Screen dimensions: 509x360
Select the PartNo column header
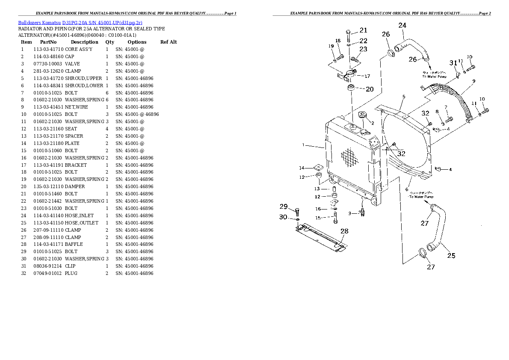[x=48, y=42]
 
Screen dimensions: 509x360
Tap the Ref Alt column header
[x=169, y=42]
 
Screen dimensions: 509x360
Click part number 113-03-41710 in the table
[x=48, y=49]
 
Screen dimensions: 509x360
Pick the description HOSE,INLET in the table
[x=79, y=215]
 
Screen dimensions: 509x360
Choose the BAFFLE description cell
[x=74, y=244]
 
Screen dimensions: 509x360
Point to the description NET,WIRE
[x=76, y=107]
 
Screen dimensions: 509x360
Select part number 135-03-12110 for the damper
[x=48, y=186]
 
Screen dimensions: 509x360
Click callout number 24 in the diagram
[x=402, y=26]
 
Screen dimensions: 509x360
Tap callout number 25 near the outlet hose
[x=451, y=256]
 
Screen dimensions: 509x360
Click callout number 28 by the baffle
[x=344, y=231]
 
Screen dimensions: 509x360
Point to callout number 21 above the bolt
[x=363, y=30]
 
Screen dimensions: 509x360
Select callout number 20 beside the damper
[x=370, y=89]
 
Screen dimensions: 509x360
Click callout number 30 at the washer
[x=283, y=217]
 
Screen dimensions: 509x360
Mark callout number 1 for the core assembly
[x=303, y=145]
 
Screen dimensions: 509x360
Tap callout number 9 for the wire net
[x=474, y=81]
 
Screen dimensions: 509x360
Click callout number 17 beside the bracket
[x=367, y=77]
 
